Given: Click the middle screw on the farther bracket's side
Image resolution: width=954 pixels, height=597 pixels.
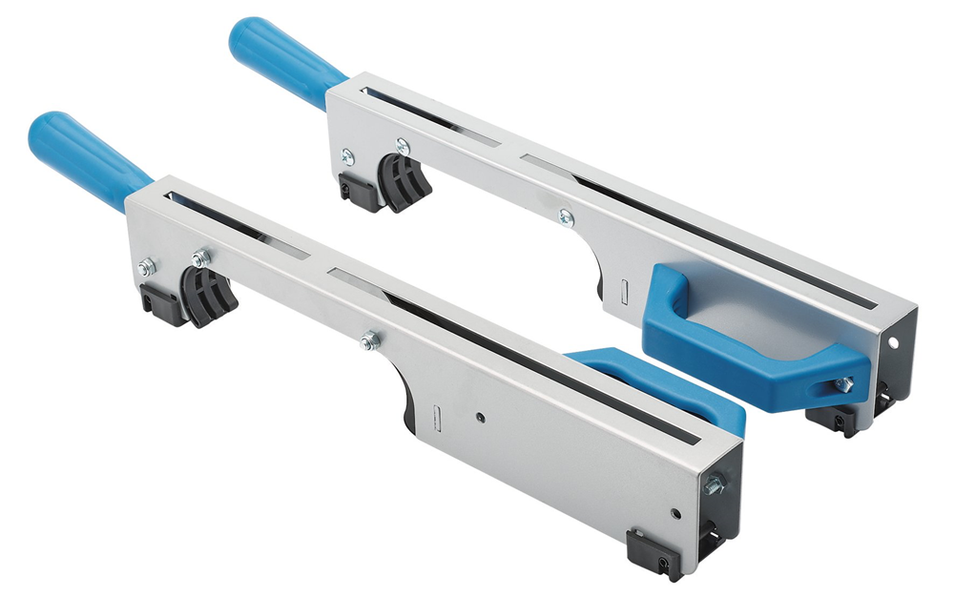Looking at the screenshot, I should pos(566,216).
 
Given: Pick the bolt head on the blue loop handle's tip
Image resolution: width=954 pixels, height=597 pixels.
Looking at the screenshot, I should pos(843,384).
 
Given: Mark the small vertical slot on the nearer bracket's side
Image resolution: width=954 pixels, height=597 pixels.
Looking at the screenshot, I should pos(433,417).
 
